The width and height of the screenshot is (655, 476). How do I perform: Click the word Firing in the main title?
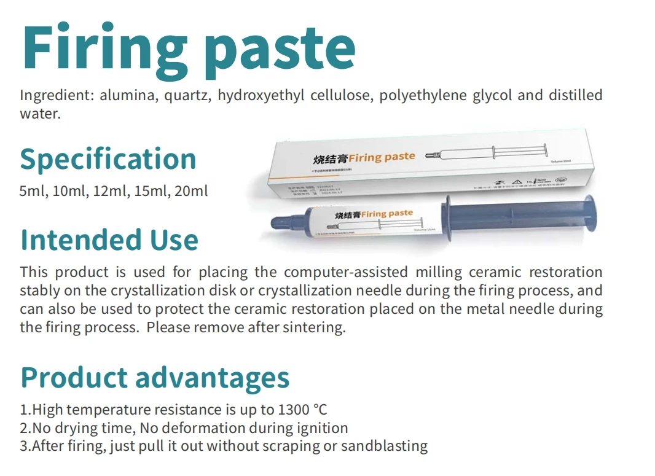101,49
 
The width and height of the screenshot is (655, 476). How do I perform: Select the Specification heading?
108,158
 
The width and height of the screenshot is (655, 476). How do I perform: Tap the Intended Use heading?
109,240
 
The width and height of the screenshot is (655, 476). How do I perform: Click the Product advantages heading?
155,377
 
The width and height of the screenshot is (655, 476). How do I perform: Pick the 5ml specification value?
33,191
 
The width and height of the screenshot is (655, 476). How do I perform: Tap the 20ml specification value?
192,191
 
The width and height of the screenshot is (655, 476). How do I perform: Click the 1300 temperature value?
294,410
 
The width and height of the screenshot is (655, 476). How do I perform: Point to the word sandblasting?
385,446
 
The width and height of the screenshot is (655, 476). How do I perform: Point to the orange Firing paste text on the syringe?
386,214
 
